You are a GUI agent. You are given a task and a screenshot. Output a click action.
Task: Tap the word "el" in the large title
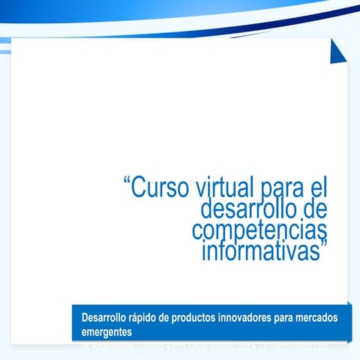[319, 187]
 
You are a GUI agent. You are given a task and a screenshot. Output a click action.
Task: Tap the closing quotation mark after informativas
[325, 244]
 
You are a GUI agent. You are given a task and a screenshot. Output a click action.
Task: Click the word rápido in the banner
[154, 318]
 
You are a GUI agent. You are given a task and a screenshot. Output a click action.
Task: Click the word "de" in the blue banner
[178, 318]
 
